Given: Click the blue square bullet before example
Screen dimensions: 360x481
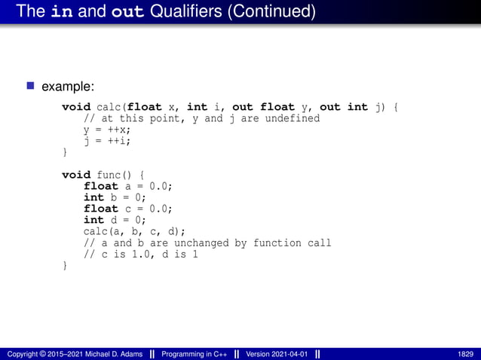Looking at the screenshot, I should (x=31, y=87).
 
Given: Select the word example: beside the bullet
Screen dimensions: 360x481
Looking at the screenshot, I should (x=68, y=87).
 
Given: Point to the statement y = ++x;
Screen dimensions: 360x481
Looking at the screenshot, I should (x=107, y=130).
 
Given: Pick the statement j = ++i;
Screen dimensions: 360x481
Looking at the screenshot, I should (x=107, y=141).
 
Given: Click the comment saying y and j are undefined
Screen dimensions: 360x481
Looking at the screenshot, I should (x=201, y=118).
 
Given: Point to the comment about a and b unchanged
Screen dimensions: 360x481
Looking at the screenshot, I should (x=207, y=243).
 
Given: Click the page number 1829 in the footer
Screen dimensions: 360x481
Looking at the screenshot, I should (x=465, y=353).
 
